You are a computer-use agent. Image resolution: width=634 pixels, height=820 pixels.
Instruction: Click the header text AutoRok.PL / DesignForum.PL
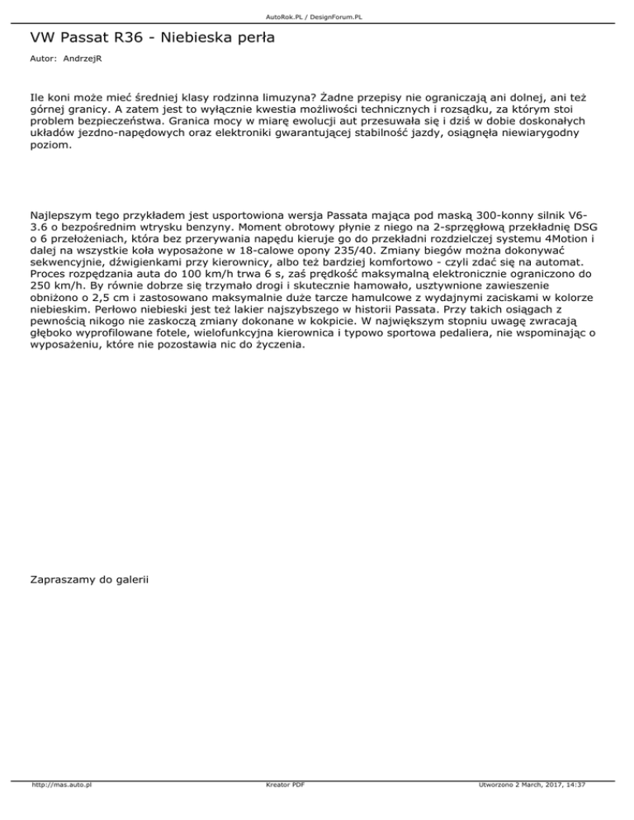click(x=316, y=16)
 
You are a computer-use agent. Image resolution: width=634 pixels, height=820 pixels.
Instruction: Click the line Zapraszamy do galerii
click(x=88, y=581)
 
